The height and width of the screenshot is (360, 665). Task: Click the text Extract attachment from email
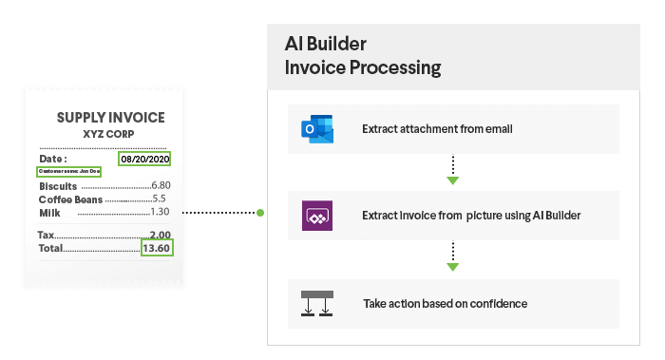click(x=437, y=128)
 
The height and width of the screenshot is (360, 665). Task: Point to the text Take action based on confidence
click(x=446, y=304)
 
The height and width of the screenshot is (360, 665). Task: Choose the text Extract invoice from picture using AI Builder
click(x=470, y=216)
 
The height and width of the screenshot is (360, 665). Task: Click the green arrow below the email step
click(x=453, y=180)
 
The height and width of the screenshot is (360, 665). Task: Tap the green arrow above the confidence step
click(x=453, y=268)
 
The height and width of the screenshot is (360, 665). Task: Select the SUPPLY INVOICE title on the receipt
click(x=110, y=118)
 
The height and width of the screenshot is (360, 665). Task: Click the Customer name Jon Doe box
click(x=68, y=172)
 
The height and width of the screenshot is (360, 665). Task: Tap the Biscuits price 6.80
click(x=160, y=185)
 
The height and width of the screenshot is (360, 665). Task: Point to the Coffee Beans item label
click(x=70, y=199)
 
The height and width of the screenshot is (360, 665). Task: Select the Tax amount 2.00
click(x=160, y=235)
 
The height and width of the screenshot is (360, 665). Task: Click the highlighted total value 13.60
click(x=157, y=248)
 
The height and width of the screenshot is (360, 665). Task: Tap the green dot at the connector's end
click(x=260, y=213)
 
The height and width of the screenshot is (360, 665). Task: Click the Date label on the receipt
click(x=53, y=158)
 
